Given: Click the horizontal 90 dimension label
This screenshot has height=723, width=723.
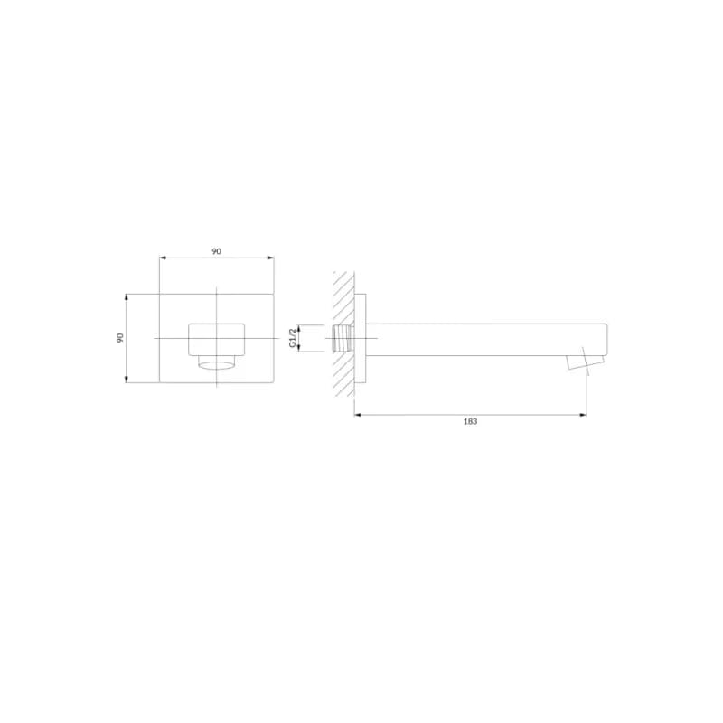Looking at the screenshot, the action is click(x=216, y=251).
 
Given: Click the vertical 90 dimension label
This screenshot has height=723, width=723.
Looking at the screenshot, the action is click(x=120, y=337).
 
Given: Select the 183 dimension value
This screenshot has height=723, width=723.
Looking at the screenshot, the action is click(x=470, y=421).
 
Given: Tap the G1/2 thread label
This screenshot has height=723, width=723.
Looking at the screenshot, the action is click(x=292, y=338).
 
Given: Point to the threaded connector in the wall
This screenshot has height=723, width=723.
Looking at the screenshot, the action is click(x=342, y=338).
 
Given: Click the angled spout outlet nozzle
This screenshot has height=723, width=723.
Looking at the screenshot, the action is click(x=586, y=359).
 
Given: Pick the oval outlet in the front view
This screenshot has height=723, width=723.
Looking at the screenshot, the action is click(x=216, y=365).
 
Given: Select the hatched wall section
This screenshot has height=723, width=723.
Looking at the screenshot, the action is click(x=343, y=333).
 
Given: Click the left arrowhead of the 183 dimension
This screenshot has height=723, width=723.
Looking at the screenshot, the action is click(x=357, y=415).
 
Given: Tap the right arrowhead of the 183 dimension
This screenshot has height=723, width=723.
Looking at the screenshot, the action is click(x=583, y=415).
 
